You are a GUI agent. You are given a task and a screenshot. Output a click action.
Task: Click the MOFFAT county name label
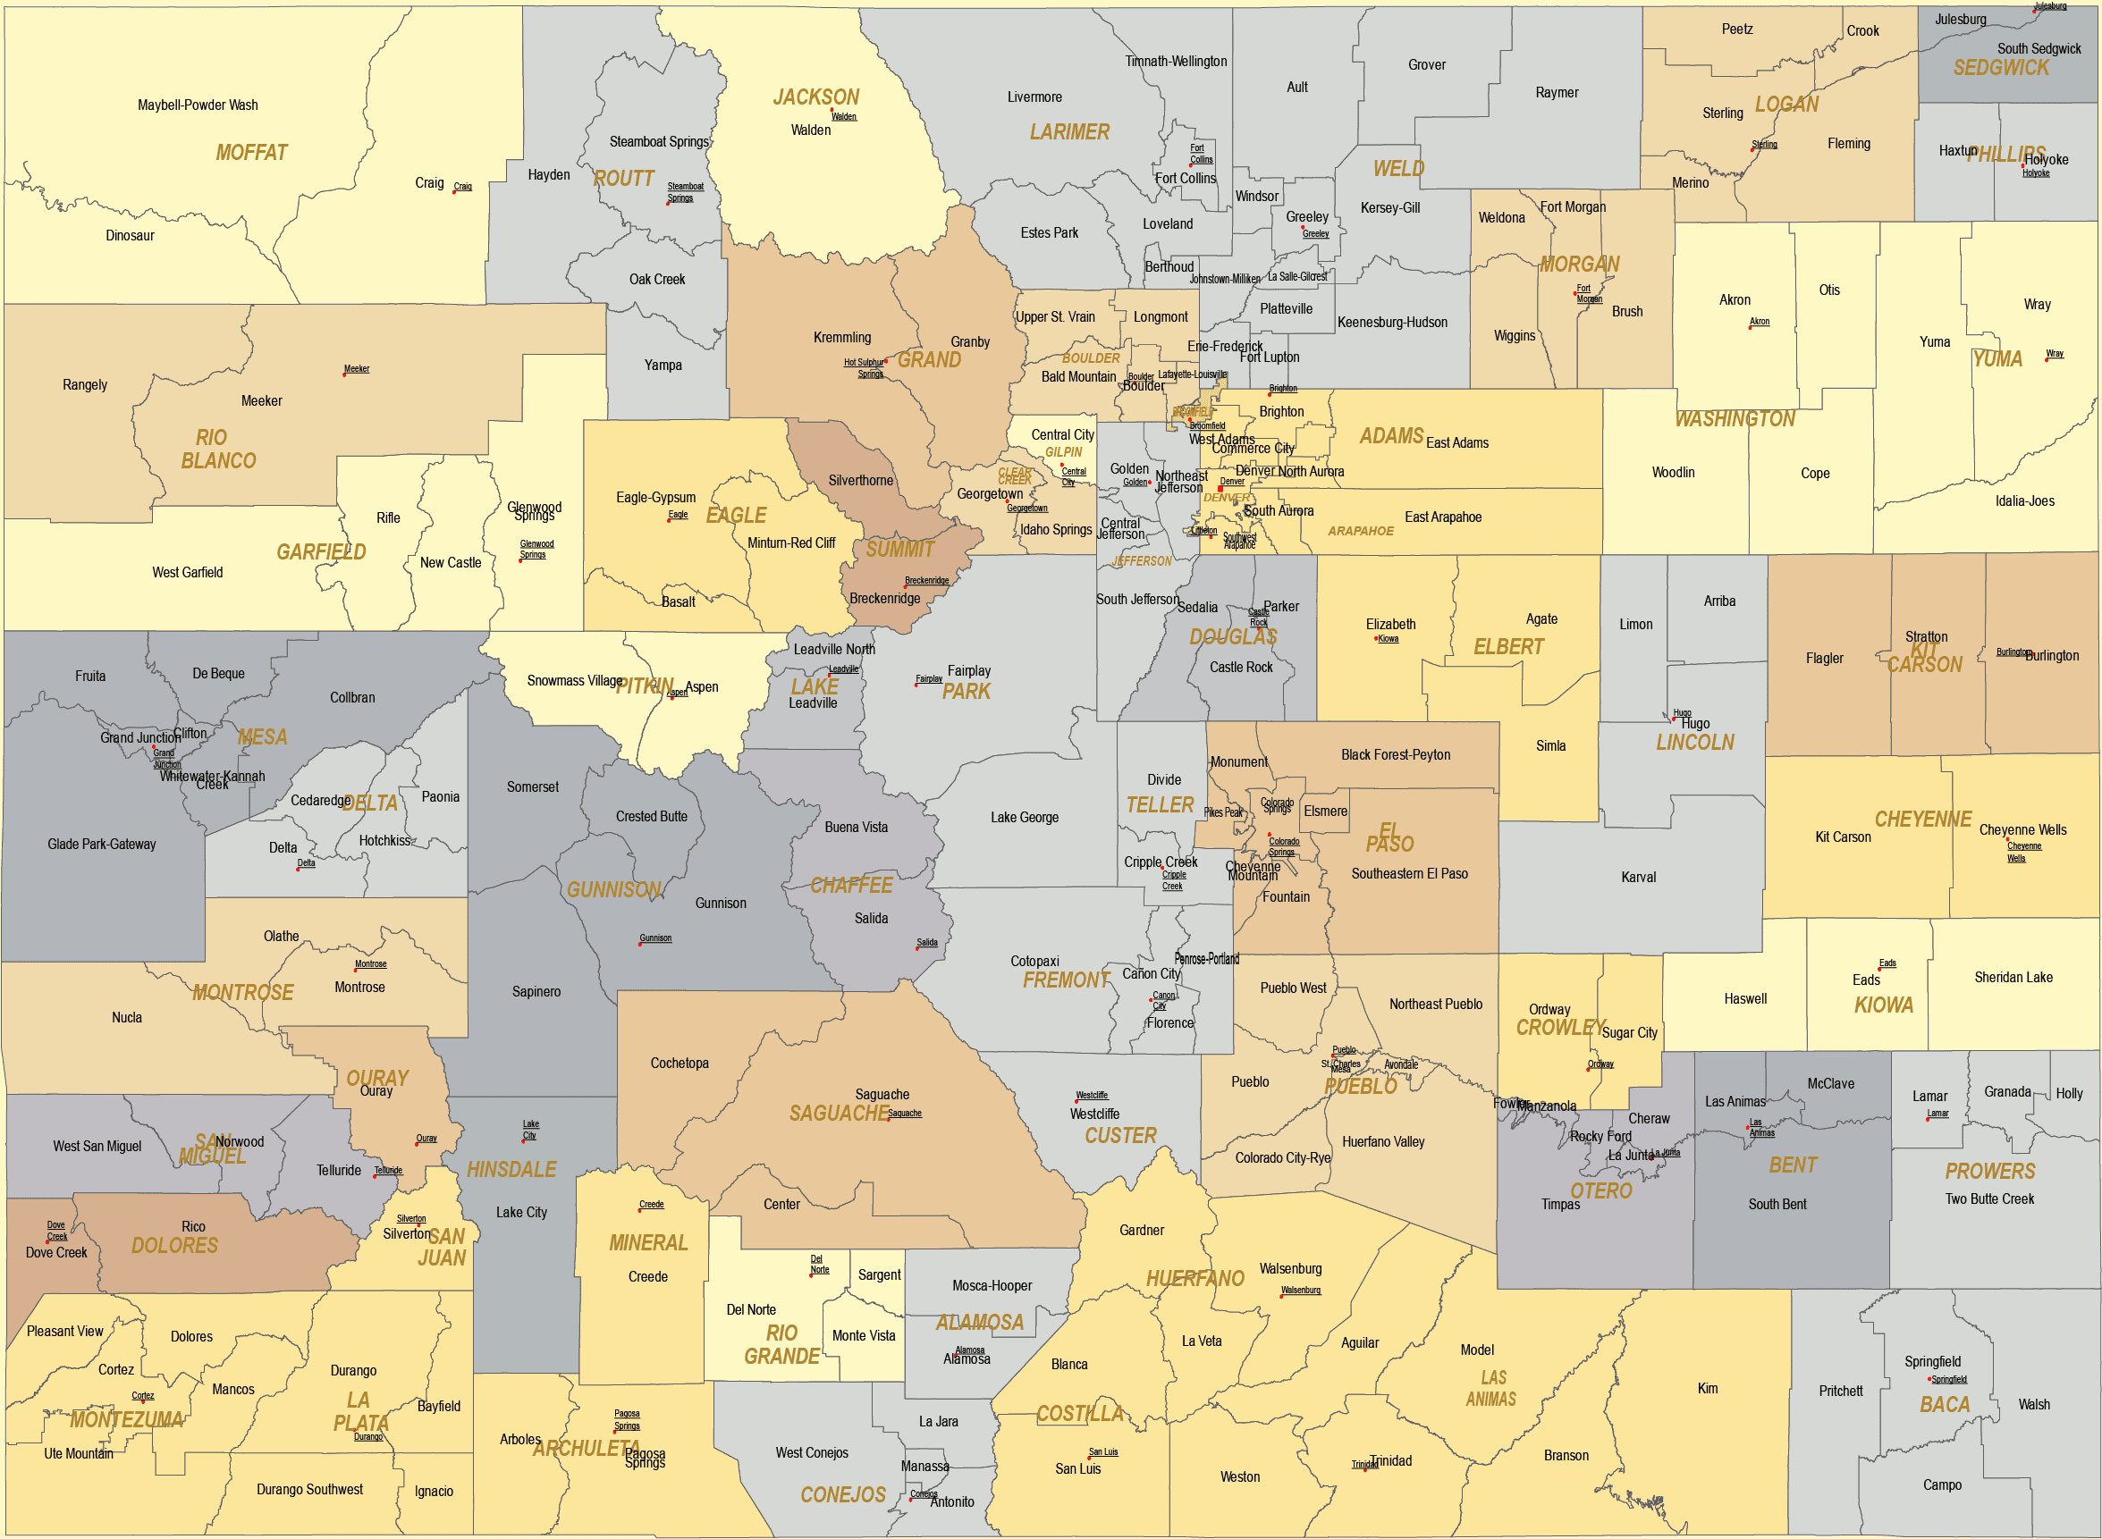251,153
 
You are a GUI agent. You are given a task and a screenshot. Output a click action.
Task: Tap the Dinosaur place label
130,236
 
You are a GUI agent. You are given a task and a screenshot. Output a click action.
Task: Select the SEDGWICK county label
2000,68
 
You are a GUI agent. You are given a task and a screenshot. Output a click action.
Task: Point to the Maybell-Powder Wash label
198,105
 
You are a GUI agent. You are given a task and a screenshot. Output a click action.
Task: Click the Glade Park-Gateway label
102,844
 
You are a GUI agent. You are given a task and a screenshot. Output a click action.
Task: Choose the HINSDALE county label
511,1169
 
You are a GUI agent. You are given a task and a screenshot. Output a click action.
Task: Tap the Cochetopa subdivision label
680,1063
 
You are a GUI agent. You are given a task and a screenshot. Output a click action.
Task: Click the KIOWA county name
1883,1005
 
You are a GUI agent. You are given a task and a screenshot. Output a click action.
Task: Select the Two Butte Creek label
1989,1199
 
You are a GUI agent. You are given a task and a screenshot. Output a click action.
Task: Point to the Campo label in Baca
1942,1485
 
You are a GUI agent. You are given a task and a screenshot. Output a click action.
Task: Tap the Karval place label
1638,878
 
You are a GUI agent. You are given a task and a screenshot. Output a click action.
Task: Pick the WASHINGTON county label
1734,419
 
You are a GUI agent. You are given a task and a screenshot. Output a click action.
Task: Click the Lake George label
1024,818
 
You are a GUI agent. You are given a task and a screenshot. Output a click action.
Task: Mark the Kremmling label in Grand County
841,337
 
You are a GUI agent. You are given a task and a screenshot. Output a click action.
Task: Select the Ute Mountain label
79,1453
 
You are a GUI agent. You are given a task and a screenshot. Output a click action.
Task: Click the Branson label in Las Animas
1566,1455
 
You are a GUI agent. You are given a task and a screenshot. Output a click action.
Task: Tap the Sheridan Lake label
2013,977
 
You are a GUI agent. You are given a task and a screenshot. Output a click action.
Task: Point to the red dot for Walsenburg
1282,1296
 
